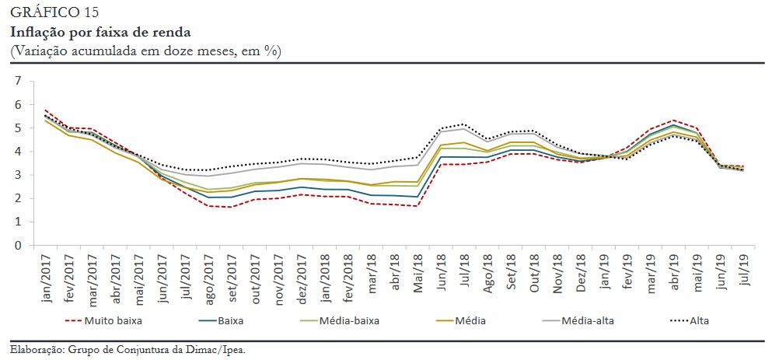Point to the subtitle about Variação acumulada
pyautogui.click(x=145, y=50)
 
